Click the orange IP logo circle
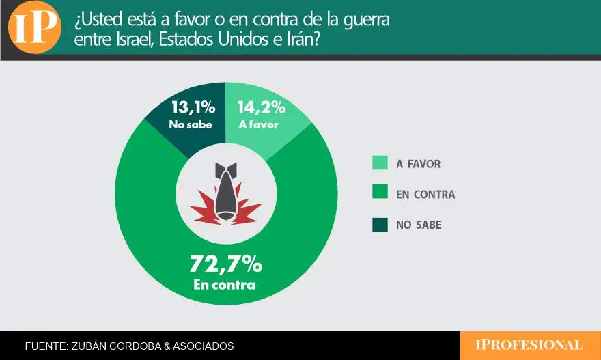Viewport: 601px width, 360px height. (35, 27)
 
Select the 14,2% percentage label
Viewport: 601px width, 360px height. (262, 107)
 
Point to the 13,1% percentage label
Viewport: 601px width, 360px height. (193, 107)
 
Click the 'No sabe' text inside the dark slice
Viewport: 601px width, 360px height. (191, 125)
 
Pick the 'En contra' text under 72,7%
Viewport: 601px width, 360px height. (224, 284)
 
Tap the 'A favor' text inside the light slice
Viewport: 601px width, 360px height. (258, 125)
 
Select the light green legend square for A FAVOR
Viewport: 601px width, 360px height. (380, 163)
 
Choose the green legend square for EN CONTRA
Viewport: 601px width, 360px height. (380, 194)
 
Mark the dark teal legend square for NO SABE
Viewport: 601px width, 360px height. (380, 225)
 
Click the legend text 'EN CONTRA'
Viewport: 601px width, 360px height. (425, 195)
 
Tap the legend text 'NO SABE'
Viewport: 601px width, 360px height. (419, 225)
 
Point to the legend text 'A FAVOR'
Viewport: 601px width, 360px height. (419, 164)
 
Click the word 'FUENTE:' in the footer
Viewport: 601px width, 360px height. (46, 346)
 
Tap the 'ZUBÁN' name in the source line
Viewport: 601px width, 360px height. (92, 346)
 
